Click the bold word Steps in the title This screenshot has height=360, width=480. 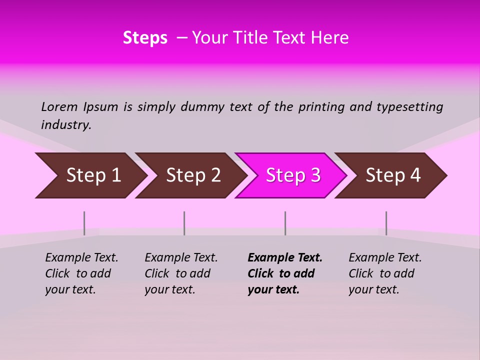coord(145,38)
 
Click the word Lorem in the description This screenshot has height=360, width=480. coord(59,107)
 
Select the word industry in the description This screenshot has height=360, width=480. coord(66,125)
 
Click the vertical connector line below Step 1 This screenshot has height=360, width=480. coord(84,223)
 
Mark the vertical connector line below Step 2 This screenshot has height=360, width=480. coord(184,223)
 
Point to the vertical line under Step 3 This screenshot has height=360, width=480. coord(285,223)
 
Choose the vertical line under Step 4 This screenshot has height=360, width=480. coord(386,223)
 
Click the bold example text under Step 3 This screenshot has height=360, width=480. coord(284,273)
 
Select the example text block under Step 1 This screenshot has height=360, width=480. coord(81,273)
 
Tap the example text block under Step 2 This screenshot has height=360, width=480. coord(181,273)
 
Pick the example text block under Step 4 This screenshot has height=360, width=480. coord(385,273)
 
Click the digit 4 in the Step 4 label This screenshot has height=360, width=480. coord(415,175)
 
